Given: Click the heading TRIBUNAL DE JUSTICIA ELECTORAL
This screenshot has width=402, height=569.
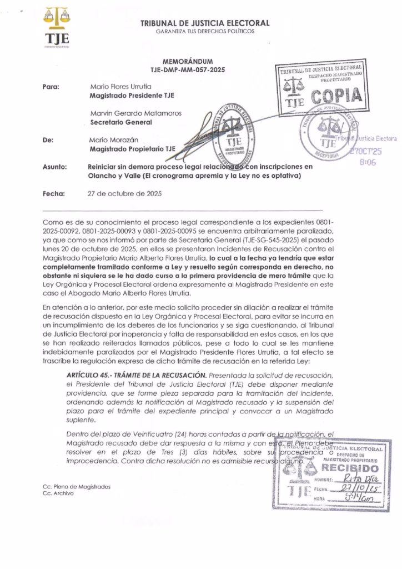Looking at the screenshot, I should click(x=205, y=23).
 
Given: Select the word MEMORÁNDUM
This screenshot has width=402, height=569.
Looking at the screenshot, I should click(x=187, y=61).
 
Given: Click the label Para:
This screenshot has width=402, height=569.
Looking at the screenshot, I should click(x=51, y=87).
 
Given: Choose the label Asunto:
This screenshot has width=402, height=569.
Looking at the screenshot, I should click(x=55, y=167).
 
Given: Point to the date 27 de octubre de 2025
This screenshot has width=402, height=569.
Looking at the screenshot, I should click(x=123, y=194).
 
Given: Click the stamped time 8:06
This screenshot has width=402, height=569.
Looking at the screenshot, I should click(x=368, y=163).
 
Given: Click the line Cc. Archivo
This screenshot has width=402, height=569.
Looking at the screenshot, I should click(x=58, y=493).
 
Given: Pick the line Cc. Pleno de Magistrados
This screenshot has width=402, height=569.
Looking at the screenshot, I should click(x=76, y=486).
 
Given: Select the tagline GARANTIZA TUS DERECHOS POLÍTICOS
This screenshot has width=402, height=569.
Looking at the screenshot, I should click(x=205, y=31).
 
